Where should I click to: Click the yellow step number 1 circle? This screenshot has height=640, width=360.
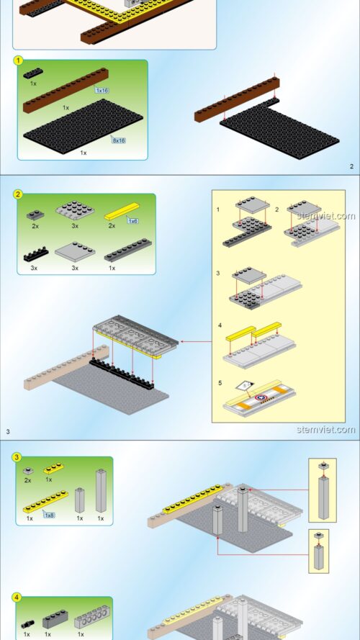click(x=18, y=61)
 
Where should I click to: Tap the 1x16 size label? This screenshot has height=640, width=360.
click(x=102, y=90)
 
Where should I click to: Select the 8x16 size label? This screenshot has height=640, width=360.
click(x=119, y=140)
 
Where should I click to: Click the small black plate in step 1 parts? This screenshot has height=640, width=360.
click(x=33, y=73)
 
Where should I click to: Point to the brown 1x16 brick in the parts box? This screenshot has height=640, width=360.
click(x=66, y=90)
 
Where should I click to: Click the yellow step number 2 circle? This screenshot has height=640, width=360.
click(x=18, y=194)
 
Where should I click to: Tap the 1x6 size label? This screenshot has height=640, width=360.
click(x=132, y=221)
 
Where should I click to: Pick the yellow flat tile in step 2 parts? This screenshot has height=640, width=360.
click(x=122, y=212)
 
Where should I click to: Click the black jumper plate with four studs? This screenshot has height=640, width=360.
click(x=36, y=255)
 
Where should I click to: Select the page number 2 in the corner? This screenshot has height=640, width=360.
click(x=352, y=166)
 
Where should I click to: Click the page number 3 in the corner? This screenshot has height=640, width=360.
click(x=8, y=431)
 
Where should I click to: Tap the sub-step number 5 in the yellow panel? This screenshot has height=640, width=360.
click(x=220, y=383)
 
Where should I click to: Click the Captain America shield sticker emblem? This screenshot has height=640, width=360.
click(x=261, y=397)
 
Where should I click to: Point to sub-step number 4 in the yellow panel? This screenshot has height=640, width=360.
click(x=220, y=325)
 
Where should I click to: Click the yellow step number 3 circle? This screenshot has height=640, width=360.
click(x=17, y=458)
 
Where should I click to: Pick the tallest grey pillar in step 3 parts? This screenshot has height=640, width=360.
click(x=102, y=490)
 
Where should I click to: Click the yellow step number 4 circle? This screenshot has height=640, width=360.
click(x=17, y=598)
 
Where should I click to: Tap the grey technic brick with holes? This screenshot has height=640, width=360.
click(x=92, y=617)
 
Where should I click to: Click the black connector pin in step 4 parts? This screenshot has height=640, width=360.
click(x=28, y=624)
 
